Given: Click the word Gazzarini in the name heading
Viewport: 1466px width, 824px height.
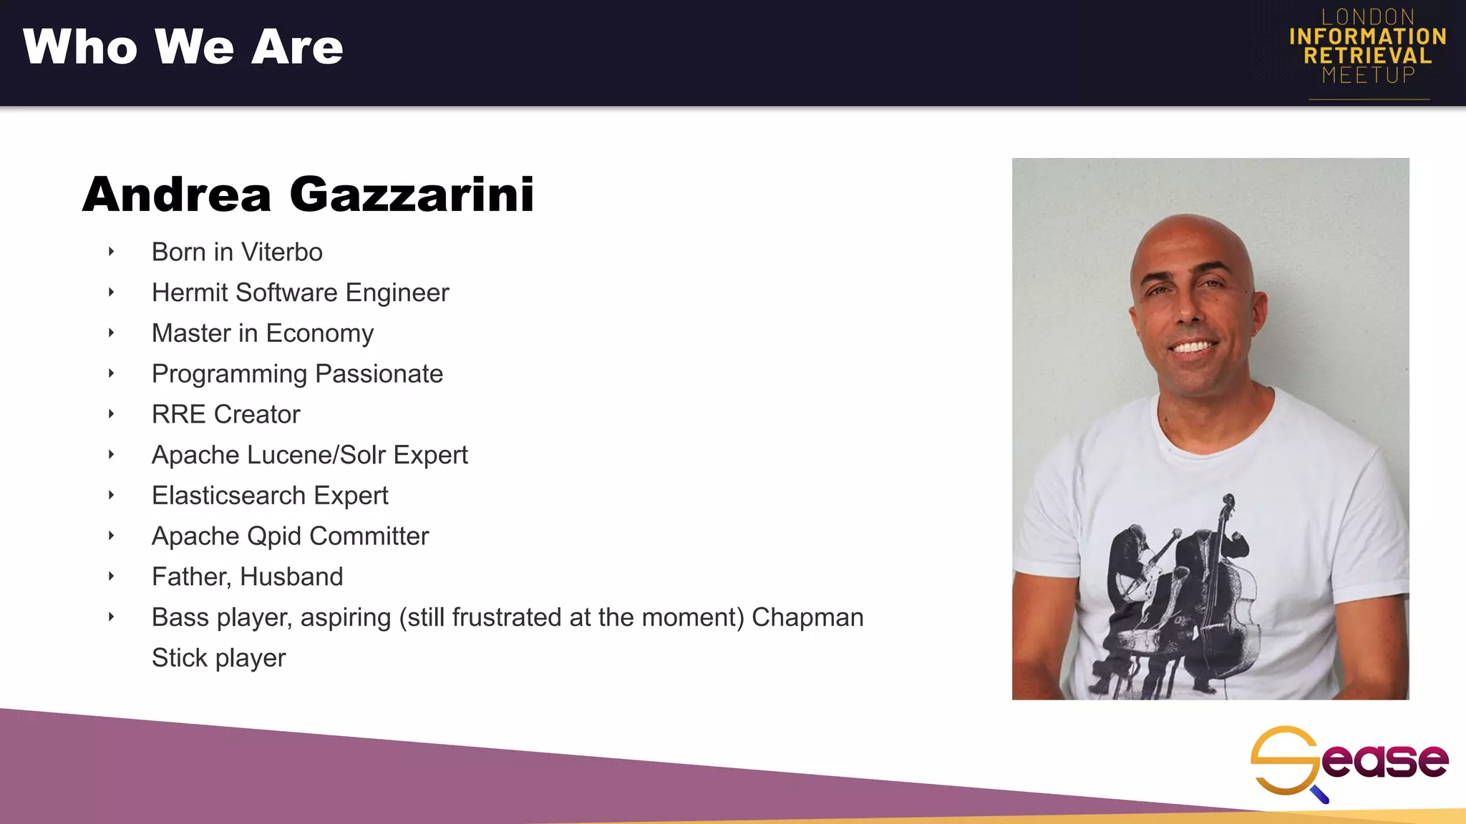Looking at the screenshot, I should (412, 195).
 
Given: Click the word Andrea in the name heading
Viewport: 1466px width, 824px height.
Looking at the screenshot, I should (177, 195).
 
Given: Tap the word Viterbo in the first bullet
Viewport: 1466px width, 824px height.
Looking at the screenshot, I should (281, 252).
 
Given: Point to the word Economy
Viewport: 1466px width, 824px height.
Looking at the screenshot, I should (319, 333).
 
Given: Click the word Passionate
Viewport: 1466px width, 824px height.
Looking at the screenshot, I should (379, 374).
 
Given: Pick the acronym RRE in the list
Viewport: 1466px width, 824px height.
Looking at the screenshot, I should (178, 415).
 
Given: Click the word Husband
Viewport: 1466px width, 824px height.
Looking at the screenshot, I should (291, 577).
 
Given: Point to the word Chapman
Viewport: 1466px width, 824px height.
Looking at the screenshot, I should (807, 617).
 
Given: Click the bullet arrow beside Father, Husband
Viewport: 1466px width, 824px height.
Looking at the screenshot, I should (111, 576).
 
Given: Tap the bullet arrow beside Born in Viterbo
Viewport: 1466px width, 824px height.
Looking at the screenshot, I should (111, 251).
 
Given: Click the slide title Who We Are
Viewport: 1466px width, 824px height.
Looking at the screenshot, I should (183, 47).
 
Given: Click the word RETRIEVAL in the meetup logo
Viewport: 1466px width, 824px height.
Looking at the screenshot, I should (1367, 56).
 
